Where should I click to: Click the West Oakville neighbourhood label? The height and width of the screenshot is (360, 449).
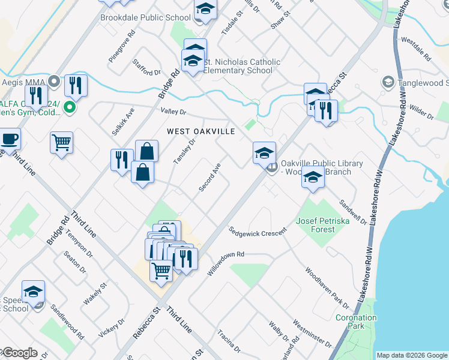200,131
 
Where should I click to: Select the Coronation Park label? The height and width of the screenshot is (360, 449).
356,322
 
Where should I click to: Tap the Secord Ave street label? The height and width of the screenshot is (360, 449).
210,178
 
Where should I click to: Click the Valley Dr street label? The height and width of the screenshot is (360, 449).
173,112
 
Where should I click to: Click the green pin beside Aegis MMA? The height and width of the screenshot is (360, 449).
69,108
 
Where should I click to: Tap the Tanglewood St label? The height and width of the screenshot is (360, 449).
418,83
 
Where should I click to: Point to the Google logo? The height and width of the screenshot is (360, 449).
19,353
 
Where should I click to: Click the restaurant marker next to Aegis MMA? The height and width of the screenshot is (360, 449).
76,85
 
